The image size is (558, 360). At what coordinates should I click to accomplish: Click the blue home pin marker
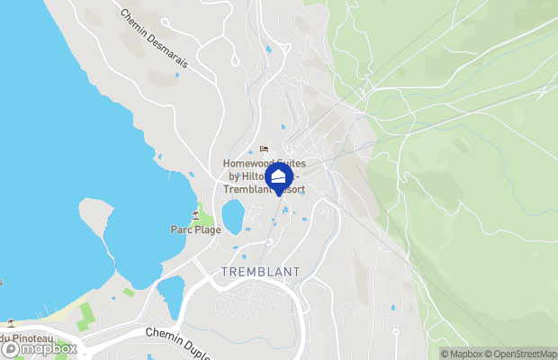pos(279,177)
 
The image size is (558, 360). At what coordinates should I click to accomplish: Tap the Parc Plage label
pos(196,229)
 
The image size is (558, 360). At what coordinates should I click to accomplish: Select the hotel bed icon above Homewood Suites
pos(264,149)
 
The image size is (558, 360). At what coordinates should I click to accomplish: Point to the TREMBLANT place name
pos(260,272)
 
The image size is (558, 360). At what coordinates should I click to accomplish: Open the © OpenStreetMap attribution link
pos(524,353)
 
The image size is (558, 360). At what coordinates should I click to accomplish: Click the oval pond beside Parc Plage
pos(232,217)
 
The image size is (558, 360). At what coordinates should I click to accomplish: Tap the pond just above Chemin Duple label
pos(170,298)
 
